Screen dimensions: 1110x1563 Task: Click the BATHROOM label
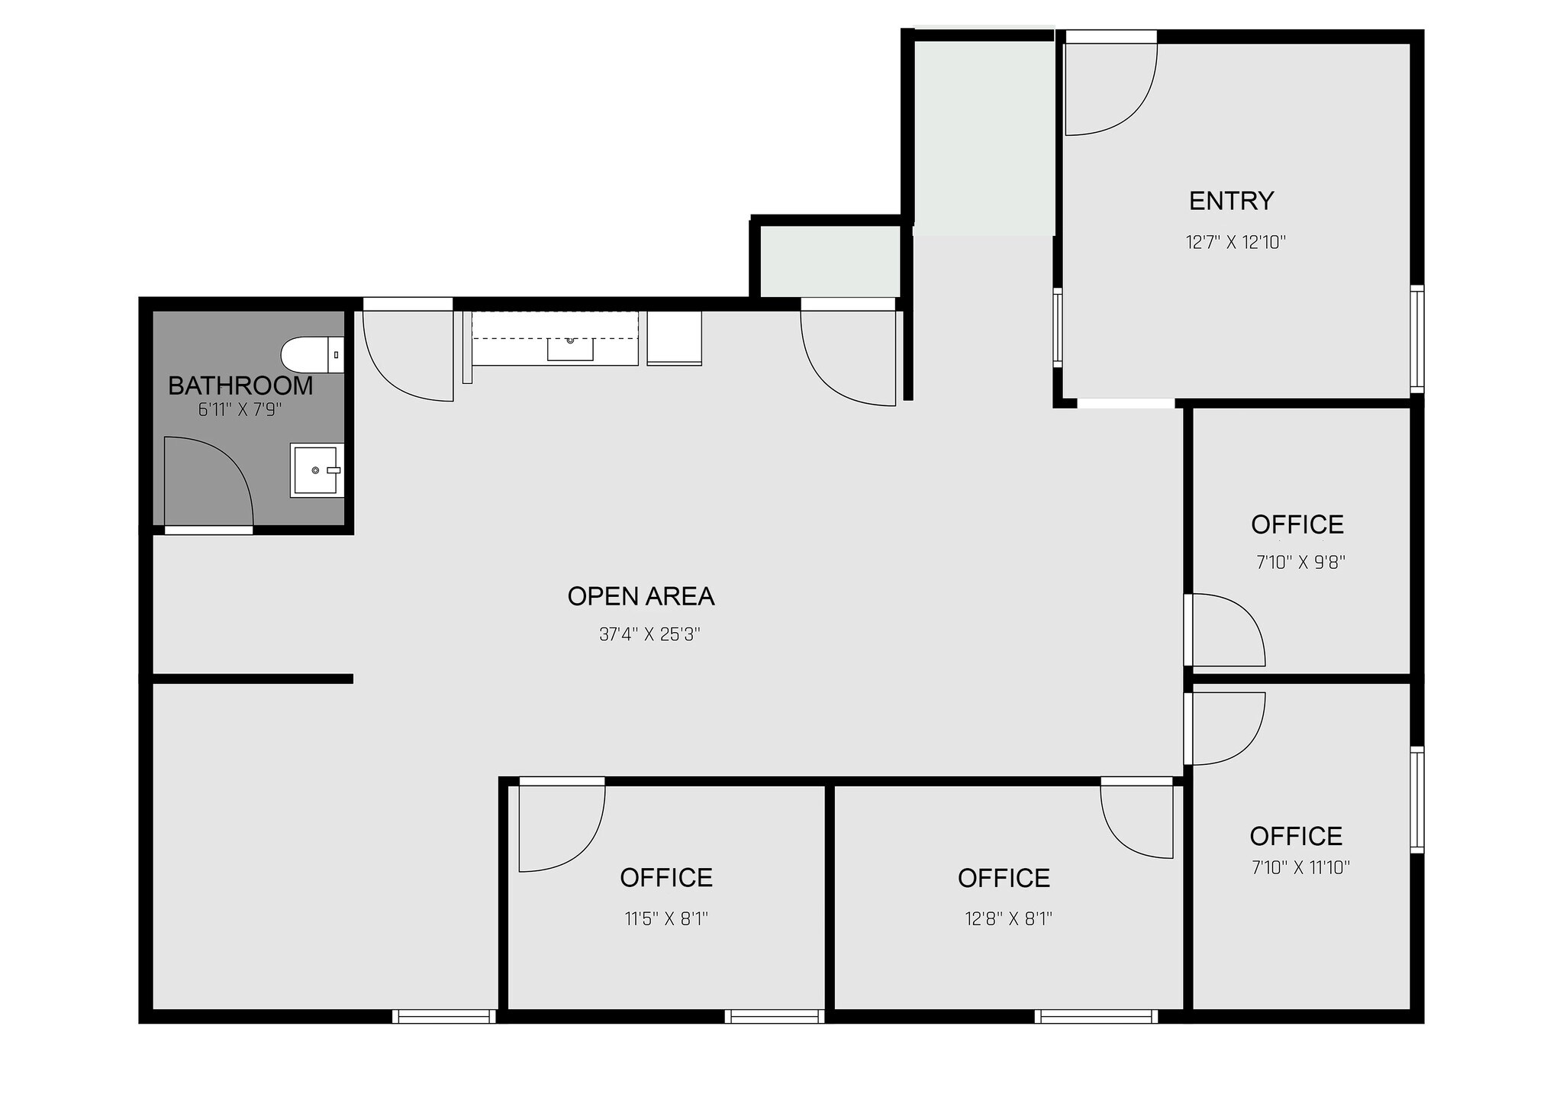click(240, 386)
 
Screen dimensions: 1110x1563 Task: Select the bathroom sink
click(317, 470)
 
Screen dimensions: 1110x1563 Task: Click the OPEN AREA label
click(641, 596)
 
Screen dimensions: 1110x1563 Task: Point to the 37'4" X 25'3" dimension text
click(649, 634)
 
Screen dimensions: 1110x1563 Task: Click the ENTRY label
click(1231, 201)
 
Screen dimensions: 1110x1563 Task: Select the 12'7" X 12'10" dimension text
click(1236, 243)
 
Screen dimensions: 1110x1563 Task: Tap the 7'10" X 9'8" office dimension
click(1300, 563)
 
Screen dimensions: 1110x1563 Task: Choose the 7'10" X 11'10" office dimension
click(1300, 867)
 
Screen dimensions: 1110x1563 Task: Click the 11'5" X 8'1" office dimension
click(666, 918)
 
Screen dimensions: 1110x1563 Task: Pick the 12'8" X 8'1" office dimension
click(1008, 918)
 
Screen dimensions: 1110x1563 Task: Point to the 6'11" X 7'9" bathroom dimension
click(240, 410)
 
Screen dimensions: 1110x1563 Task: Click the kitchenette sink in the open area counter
click(570, 348)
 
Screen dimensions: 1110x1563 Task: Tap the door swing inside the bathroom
click(206, 481)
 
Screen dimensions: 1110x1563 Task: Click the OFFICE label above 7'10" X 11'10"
click(1296, 836)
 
